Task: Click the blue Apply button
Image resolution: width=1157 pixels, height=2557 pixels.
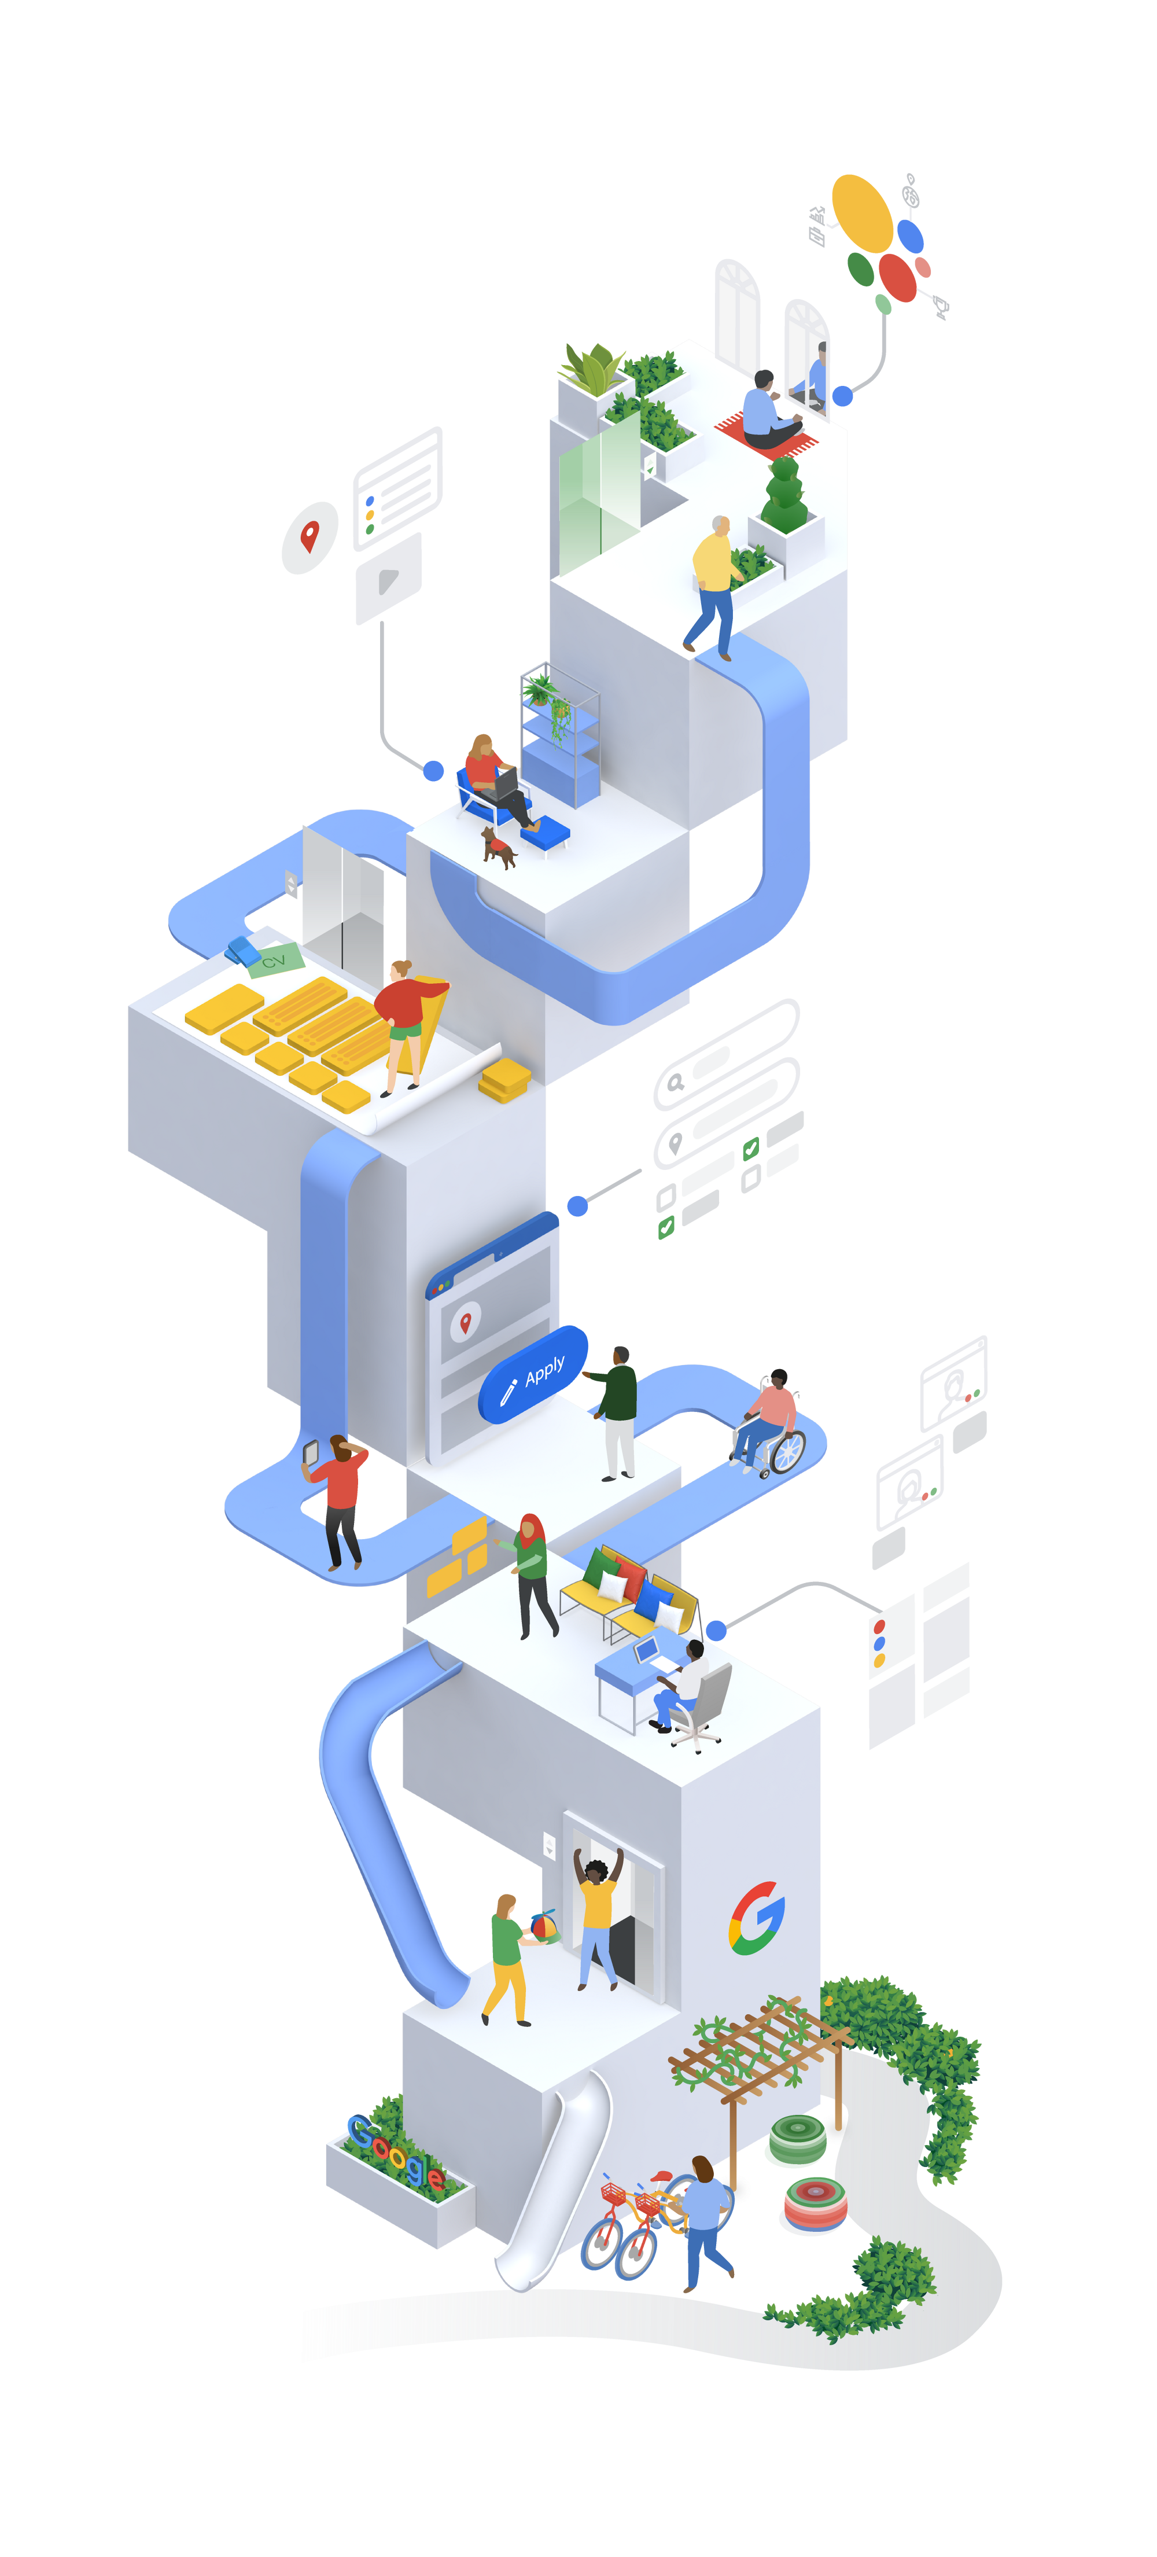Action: coord(533,1375)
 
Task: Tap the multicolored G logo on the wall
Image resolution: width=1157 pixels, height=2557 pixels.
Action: coord(757,1919)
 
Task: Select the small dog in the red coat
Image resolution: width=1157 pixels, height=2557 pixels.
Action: coord(498,847)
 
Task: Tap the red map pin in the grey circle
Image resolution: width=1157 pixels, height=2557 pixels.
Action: coord(309,536)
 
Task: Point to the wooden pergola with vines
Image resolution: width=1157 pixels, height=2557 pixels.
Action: coord(759,2055)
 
